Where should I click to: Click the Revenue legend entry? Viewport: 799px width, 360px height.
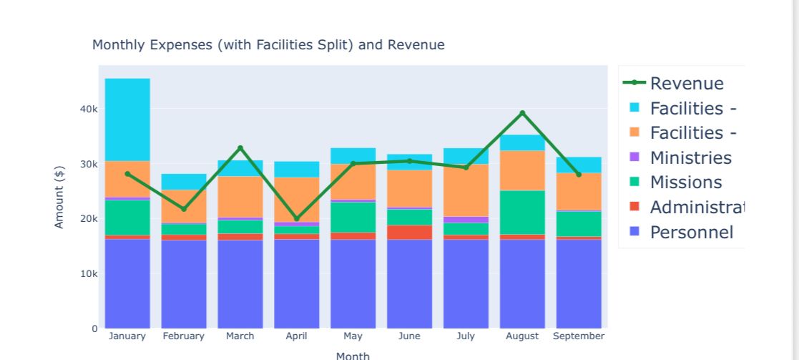coord(686,84)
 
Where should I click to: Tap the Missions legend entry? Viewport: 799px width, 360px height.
coord(685,183)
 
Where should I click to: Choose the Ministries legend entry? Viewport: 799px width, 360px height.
coord(690,158)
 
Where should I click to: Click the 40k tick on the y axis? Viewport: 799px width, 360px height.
coord(89,110)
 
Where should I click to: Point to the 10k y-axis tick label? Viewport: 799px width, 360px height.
coord(89,274)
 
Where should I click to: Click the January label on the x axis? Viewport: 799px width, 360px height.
coord(127,336)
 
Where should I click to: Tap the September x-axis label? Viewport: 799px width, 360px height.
coord(579,336)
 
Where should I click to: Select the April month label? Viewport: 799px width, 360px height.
coord(296,336)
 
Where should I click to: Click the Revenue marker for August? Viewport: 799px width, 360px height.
coord(522,113)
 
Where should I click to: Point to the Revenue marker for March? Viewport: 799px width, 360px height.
coord(240,148)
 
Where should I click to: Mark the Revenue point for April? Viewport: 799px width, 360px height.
coord(296,218)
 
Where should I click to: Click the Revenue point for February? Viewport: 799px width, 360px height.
coord(184,209)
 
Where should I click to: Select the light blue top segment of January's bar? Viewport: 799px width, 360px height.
coord(127,120)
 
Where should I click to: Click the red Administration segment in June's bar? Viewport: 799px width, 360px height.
coord(409,232)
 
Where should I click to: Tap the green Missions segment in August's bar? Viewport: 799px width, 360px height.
coord(522,212)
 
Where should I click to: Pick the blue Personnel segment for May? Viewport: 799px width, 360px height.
coord(353,283)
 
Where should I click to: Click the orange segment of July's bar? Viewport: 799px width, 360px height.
coord(466,190)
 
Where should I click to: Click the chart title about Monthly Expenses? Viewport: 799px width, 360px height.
coord(268,45)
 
